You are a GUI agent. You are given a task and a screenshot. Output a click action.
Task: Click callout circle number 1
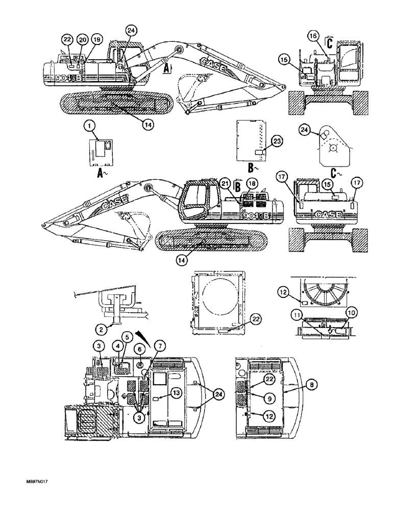(89, 124)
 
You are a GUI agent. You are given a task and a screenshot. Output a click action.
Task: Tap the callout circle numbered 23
(277, 144)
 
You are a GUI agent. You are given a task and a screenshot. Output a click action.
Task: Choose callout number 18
(252, 184)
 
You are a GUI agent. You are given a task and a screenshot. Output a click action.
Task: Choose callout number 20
(82, 39)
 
